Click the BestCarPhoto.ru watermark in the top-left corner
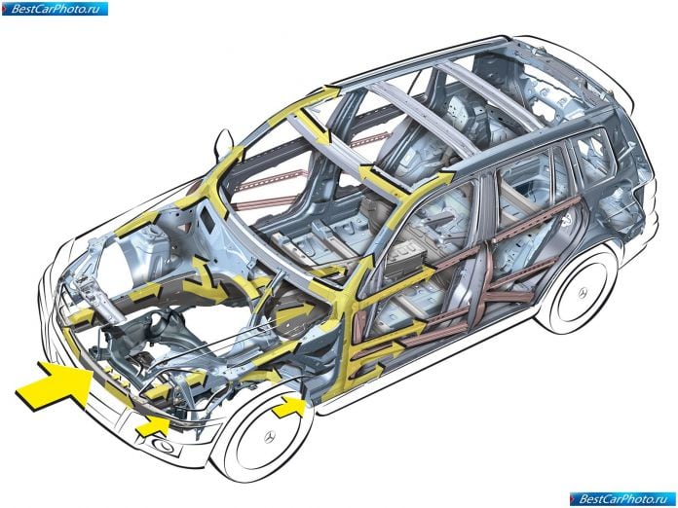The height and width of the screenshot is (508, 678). (x=55, y=9)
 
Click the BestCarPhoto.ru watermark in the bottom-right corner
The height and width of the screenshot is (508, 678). (x=622, y=499)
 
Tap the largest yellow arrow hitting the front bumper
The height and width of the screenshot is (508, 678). (x=55, y=384)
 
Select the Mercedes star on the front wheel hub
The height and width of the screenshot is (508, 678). (x=270, y=437)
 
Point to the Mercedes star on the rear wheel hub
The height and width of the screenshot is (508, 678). (x=584, y=293)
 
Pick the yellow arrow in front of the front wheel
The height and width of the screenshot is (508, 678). (x=288, y=407)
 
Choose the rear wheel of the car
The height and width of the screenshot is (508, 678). (x=579, y=289)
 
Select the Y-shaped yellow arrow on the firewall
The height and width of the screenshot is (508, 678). (x=209, y=281)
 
